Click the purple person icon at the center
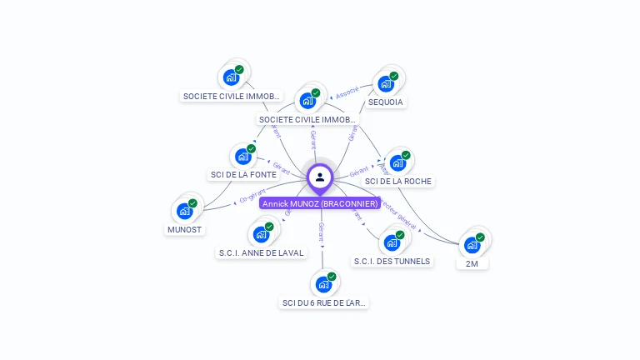tap(320, 177)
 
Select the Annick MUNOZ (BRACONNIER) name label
tap(320, 203)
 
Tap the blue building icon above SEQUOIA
tap(386, 83)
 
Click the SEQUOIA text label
tap(386, 102)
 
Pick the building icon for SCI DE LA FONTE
tap(243, 156)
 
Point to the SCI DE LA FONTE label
tap(242, 175)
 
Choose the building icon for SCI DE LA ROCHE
tap(398, 162)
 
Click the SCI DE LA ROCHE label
tap(399, 181)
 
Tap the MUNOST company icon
tap(185, 211)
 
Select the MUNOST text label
tap(185, 229)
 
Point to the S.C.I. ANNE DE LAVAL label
tap(262, 252)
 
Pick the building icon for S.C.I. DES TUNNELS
tap(392, 242)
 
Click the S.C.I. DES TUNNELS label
tap(392, 261)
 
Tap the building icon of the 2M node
tap(472, 245)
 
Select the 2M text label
tap(472, 263)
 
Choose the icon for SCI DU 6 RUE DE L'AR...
tap(323, 284)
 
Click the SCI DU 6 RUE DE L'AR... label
tap(324, 302)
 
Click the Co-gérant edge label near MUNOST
tap(252, 197)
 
